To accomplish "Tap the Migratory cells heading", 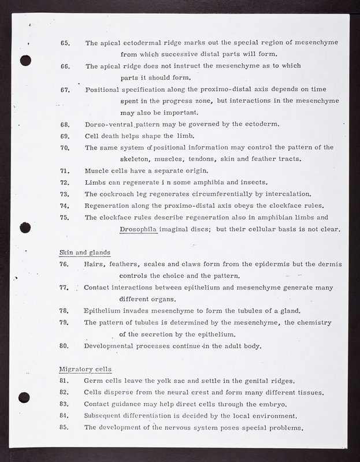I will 86,369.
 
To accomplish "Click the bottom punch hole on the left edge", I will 24,397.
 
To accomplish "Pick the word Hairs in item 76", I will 94,264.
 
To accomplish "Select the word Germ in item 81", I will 94,381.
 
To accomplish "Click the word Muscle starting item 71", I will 97,171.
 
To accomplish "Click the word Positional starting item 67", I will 102,90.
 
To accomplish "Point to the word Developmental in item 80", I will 112,346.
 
